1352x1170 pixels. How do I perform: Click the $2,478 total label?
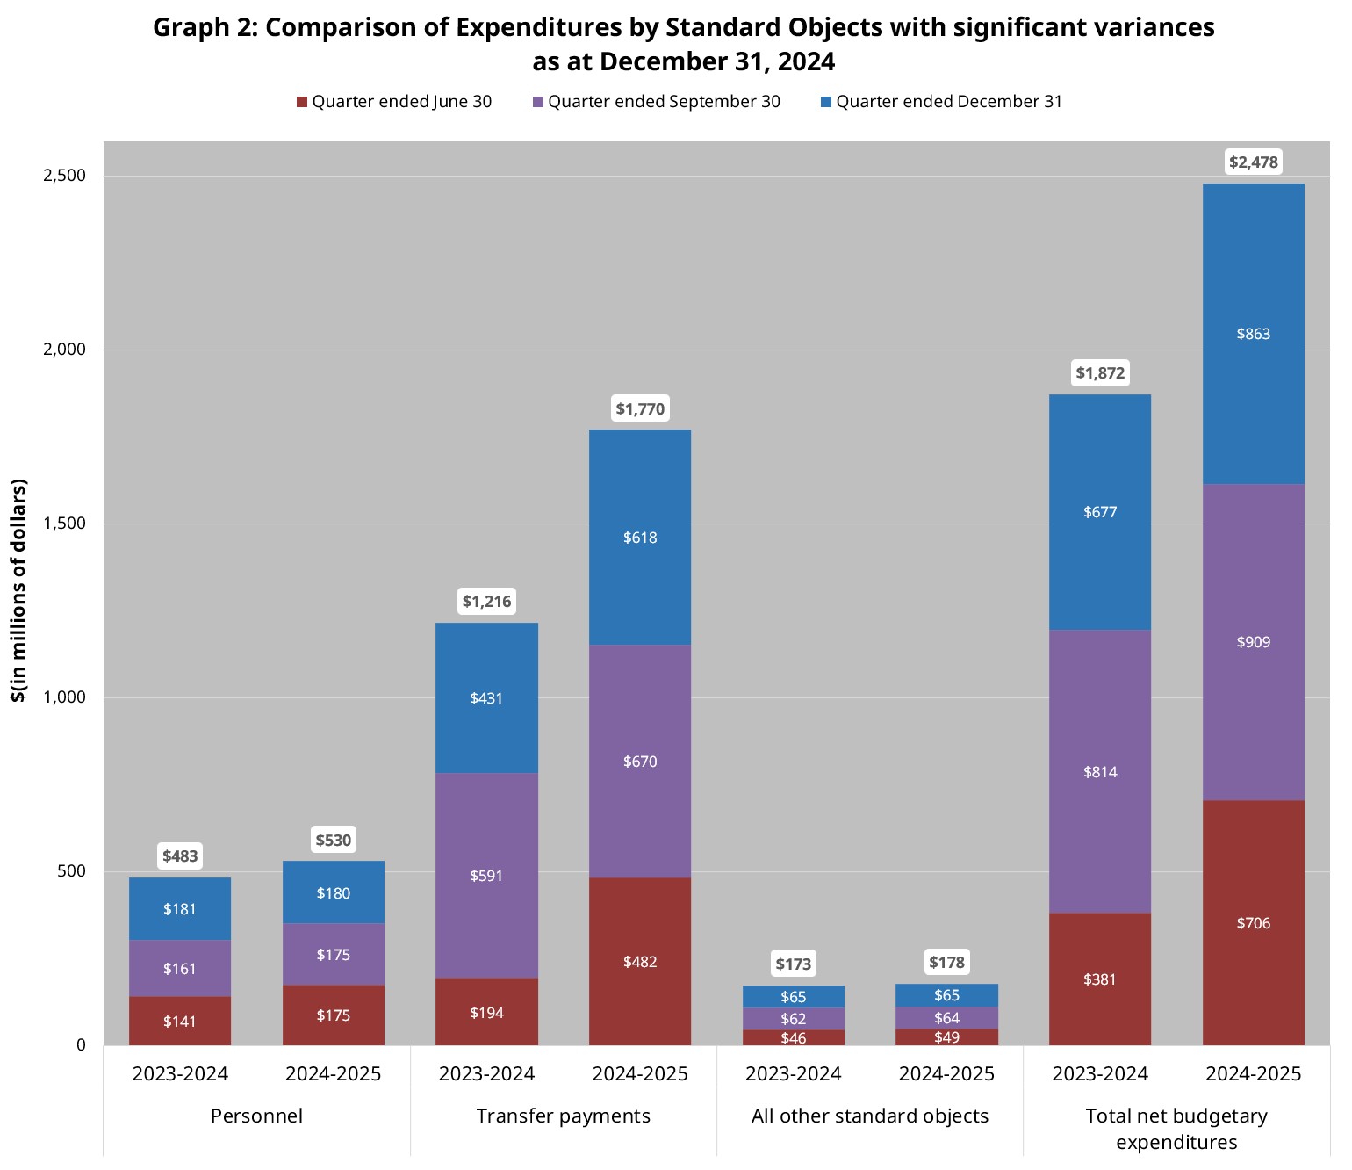click(x=1253, y=162)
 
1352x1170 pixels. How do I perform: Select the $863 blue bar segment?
click(x=1253, y=334)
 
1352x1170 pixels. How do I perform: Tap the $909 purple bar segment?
click(x=1253, y=642)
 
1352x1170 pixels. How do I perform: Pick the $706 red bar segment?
click(x=1253, y=923)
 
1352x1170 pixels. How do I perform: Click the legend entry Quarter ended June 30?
click(x=394, y=102)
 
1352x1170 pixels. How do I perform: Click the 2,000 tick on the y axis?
click(x=65, y=350)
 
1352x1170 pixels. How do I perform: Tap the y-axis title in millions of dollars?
click(x=18, y=590)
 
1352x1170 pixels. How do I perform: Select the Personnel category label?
click(x=256, y=1116)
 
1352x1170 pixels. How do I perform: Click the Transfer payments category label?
click(x=563, y=1116)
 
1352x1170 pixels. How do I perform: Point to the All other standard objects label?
click(x=869, y=1116)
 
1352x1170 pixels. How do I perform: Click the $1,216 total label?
click(x=486, y=602)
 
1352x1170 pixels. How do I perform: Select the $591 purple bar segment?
click(x=486, y=876)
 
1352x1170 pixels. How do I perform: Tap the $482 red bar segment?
click(x=640, y=962)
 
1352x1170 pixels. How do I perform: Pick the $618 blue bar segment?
click(x=640, y=538)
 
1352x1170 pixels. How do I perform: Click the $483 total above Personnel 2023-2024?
click(x=180, y=856)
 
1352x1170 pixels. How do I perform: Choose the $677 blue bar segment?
click(x=1100, y=512)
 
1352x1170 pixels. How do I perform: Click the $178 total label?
click(x=946, y=963)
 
